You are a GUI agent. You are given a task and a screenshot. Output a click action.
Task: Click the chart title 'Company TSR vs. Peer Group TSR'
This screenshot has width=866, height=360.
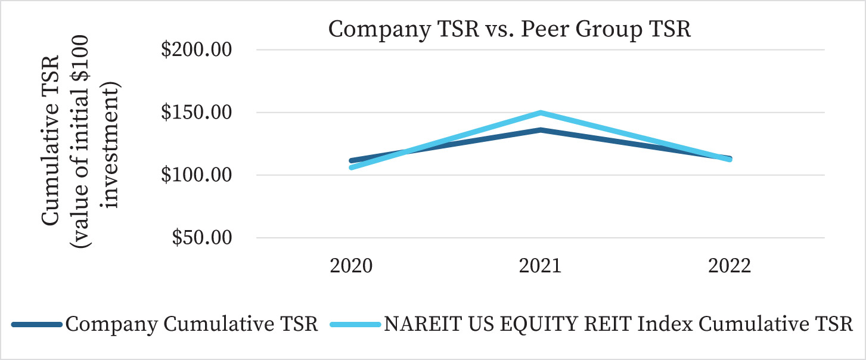coord(510,29)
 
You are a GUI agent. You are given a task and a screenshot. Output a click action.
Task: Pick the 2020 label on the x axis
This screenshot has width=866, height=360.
coord(352,266)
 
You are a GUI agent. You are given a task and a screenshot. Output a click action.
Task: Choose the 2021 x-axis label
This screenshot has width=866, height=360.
coord(540,266)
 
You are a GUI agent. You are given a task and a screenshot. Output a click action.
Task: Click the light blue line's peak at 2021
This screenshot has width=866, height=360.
coord(540,113)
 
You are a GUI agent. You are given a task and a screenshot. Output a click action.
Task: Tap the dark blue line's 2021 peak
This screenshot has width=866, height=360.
coord(540,129)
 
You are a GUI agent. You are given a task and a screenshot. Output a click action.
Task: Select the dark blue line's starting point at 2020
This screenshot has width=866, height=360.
coord(352,160)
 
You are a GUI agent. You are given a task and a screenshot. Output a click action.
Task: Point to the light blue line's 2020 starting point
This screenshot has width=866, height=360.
coord(352,167)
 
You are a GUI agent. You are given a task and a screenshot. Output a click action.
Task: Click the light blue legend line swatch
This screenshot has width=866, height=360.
coord(355,325)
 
